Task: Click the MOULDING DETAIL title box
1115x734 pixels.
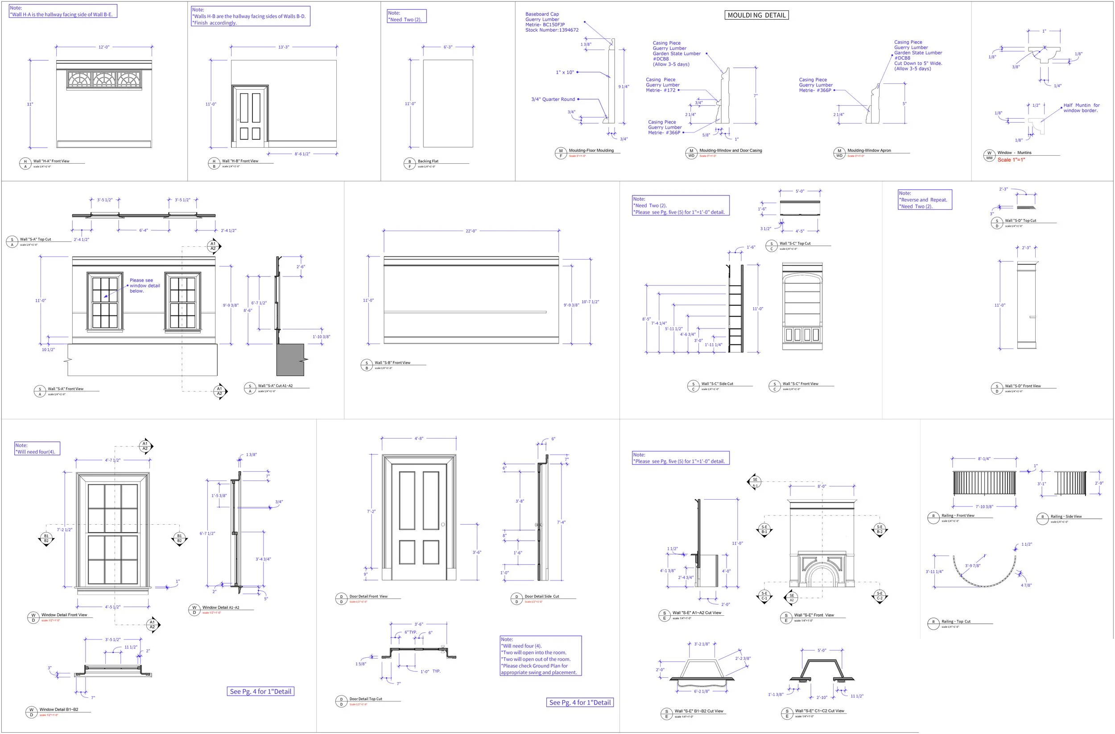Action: (756, 15)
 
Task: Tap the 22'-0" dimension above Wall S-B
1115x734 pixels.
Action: (471, 231)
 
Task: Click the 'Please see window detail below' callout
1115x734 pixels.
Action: (145, 286)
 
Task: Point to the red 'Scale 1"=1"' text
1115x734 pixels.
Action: (1011, 160)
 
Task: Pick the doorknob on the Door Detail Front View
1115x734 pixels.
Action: (443, 524)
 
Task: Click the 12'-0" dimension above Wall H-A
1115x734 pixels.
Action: (103, 47)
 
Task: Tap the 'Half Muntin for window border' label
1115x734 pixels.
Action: (1081, 108)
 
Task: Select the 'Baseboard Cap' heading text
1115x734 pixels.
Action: (541, 14)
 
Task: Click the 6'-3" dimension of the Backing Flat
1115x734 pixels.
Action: (448, 47)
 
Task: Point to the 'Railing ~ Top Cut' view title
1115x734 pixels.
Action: (956, 622)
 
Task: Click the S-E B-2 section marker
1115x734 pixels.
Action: (880, 529)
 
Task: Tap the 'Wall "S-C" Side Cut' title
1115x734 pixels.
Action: (717, 384)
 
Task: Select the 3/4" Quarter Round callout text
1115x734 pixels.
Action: (553, 100)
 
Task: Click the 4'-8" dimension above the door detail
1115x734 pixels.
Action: (418, 439)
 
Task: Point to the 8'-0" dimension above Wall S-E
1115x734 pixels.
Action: (821, 486)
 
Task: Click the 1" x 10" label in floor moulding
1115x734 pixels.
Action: (565, 72)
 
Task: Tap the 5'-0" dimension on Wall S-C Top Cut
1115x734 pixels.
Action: (800, 191)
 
